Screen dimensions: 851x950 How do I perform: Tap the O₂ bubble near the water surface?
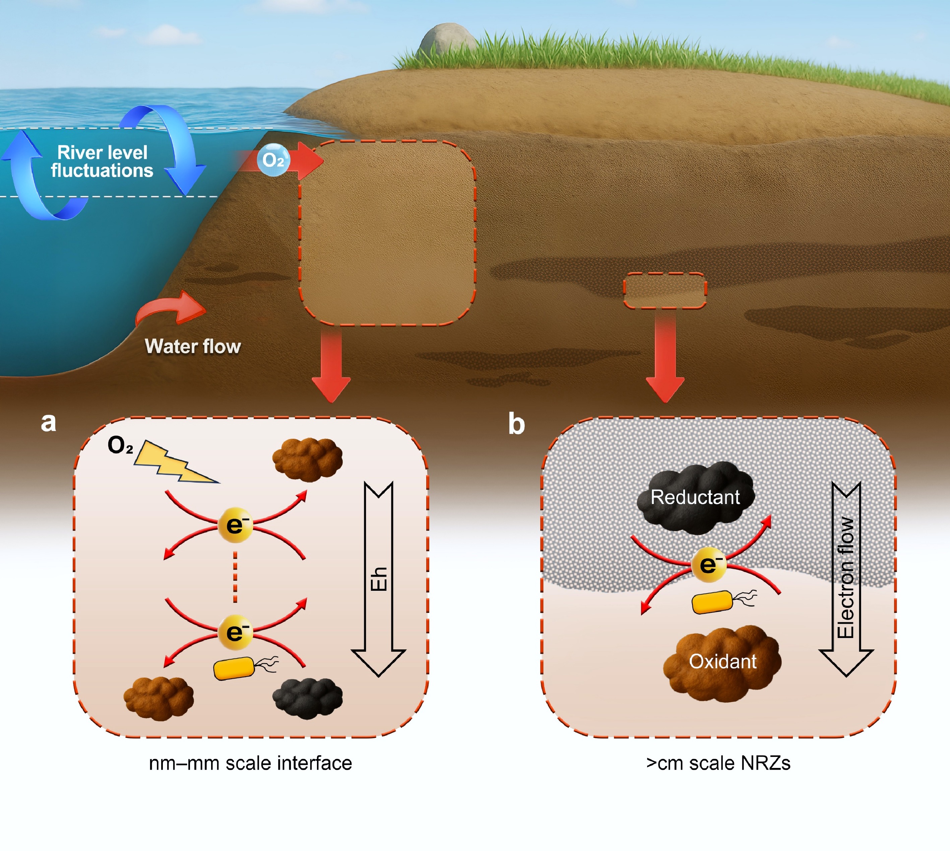[273, 160]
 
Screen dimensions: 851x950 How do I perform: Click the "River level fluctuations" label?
[102, 161]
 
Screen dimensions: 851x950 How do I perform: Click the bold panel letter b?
[516, 424]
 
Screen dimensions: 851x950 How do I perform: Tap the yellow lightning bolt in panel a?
[173, 463]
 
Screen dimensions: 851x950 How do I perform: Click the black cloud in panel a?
[307, 698]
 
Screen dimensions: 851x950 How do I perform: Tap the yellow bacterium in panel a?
[234, 668]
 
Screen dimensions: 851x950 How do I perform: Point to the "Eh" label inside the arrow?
[378, 579]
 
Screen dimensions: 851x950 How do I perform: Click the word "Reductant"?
[695, 497]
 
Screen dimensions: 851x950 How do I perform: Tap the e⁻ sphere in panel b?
[709, 564]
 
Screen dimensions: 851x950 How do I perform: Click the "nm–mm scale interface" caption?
[250, 763]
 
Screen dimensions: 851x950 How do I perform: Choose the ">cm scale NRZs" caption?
[718, 763]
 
